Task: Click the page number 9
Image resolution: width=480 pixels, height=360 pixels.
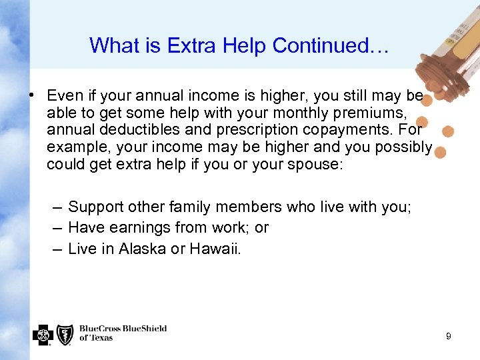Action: coord(449,337)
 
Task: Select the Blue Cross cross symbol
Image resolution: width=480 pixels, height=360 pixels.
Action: coord(43,334)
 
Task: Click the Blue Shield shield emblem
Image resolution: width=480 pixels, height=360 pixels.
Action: coord(65,334)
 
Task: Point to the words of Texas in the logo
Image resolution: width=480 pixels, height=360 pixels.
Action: coord(96,338)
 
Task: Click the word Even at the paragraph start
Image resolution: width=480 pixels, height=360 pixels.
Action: coord(63,95)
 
